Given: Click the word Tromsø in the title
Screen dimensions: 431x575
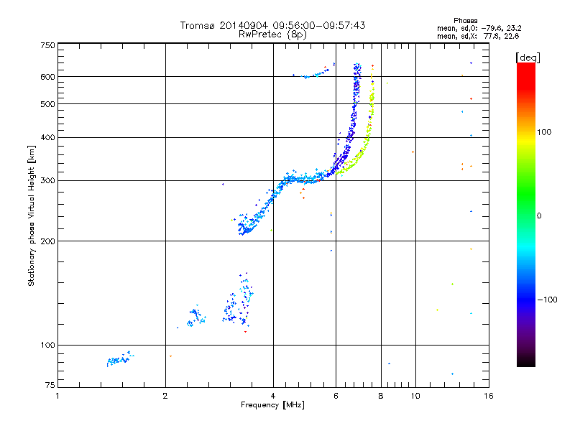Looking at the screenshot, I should (x=197, y=25).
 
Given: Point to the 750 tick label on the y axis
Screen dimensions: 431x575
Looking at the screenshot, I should (x=47, y=45).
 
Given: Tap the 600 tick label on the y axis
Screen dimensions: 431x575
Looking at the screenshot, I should (x=47, y=77).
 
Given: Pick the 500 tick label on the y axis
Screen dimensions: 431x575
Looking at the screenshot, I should (x=47, y=104).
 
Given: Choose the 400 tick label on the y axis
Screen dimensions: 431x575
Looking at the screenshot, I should (x=47, y=138).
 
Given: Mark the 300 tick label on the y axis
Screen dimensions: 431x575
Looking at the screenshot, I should (x=47, y=181).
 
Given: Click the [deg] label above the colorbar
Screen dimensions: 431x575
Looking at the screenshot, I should (x=528, y=57).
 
